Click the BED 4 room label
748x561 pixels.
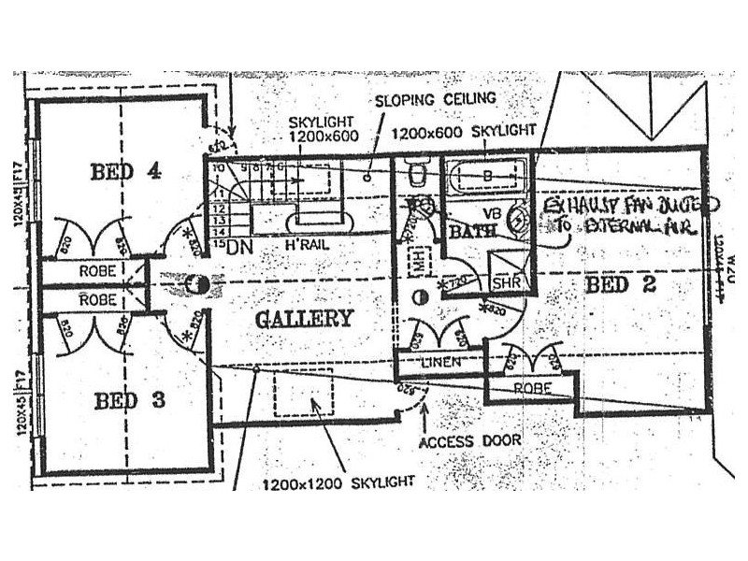tap(125, 171)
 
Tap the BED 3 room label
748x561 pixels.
tap(129, 401)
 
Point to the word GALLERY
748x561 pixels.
tap(305, 318)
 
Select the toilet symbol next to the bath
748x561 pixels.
tap(417, 174)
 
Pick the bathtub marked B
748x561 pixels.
tap(486, 175)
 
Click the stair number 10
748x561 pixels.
tap(217, 168)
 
